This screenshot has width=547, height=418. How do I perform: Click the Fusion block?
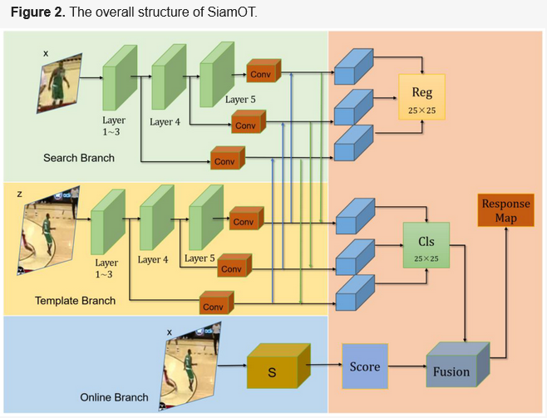(454, 369)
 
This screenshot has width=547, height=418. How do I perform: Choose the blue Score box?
(364, 366)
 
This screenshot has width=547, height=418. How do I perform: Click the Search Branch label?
(80, 158)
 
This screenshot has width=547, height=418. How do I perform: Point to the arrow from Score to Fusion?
(407, 366)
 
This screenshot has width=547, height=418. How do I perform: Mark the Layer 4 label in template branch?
(152, 259)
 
